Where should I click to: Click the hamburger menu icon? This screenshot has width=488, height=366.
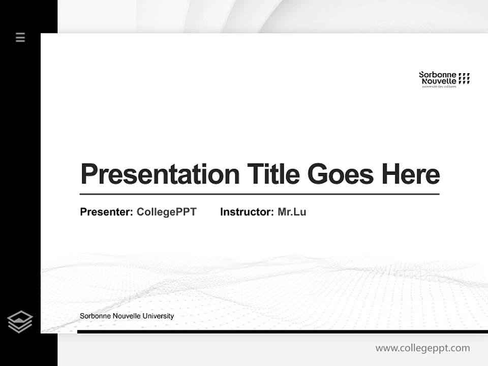click(x=20, y=37)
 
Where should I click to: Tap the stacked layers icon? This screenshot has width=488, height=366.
click(x=20, y=322)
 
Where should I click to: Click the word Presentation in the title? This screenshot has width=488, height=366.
click(x=160, y=174)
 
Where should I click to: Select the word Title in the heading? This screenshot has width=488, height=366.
click(x=273, y=174)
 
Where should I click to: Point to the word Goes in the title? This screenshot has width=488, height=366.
click(x=340, y=174)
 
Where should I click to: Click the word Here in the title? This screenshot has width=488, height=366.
click(x=410, y=174)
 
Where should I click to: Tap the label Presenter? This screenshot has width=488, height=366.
click(x=106, y=212)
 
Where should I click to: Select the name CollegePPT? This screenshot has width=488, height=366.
click(x=166, y=212)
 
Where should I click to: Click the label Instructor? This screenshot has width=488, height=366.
click(x=247, y=212)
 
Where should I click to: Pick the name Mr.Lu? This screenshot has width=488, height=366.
click(x=292, y=212)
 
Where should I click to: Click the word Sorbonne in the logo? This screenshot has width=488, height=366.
click(x=437, y=75)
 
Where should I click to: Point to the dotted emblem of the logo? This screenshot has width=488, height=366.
click(x=464, y=78)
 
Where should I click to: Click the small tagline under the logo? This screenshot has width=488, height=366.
click(x=439, y=87)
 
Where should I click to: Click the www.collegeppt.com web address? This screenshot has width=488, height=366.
click(x=422, y=348)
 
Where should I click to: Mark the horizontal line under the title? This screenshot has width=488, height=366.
click(x=259, y=194)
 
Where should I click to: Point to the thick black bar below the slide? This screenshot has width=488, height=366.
click(x=282, y=331)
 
